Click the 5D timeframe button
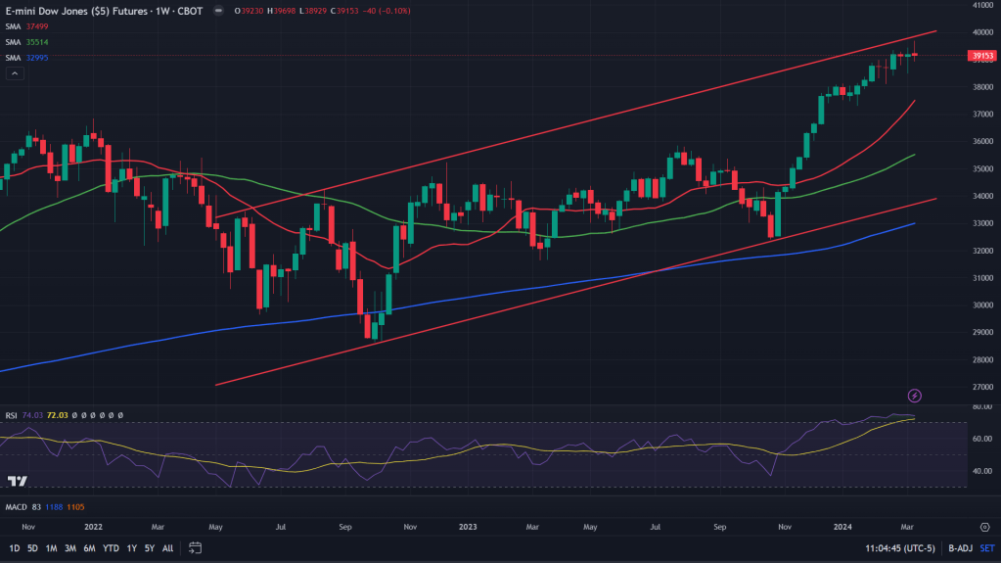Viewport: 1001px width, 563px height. [32, 548]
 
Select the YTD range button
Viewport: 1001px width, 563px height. [111, 548]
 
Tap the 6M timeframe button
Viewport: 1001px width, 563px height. [90, 548]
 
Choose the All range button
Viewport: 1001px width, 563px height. [167, 548]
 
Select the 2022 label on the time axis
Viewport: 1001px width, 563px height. [94, 526]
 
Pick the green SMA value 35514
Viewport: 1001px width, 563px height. [37, 43]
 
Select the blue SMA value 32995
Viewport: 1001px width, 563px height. [37, 58]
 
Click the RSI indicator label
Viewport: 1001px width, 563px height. [11, 415]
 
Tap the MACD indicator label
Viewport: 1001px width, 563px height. [15, 506]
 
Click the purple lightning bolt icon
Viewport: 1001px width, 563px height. [915, 396]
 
